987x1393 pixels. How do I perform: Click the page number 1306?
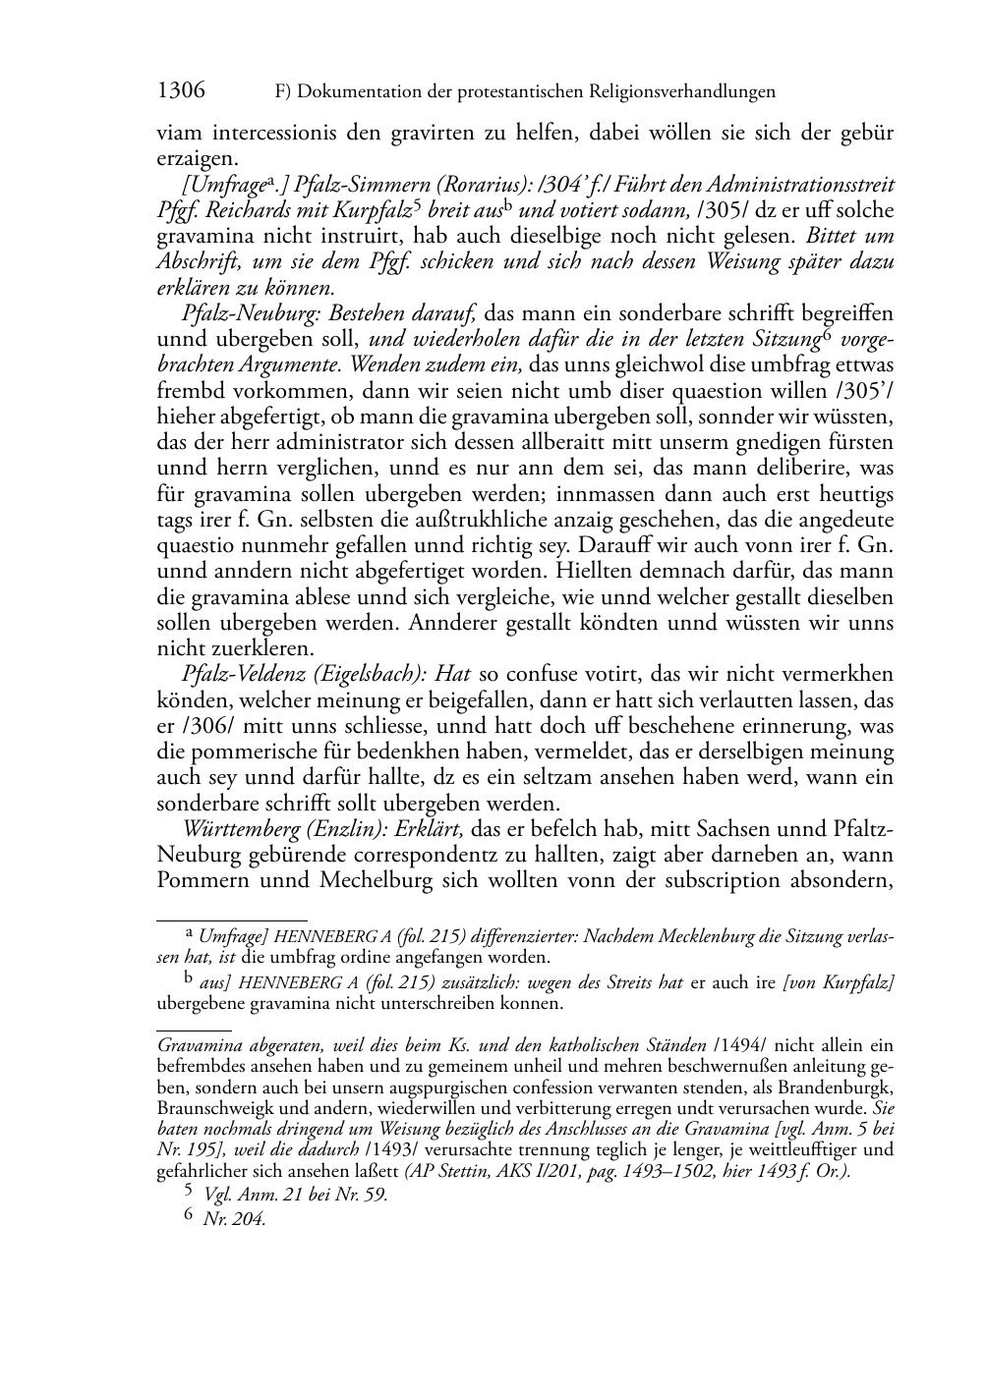point(181,91)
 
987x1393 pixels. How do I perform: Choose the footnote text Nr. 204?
point(234,1220)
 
